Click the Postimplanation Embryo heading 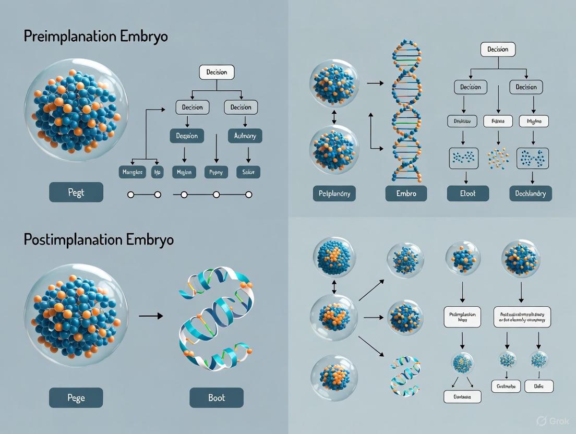pos(99,239)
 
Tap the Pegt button pos(76,192)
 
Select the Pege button pos(76,397)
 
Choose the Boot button pos(217,397)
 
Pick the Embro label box pos(406,193)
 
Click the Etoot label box pos(468,193)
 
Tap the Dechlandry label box pos(531,193)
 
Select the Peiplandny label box pos(334,193)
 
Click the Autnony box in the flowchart pos(245,136)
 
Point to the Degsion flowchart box pos(187,136)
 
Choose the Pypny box pos(216,172)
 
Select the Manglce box pos(132,172)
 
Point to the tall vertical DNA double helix pos(406,112)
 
